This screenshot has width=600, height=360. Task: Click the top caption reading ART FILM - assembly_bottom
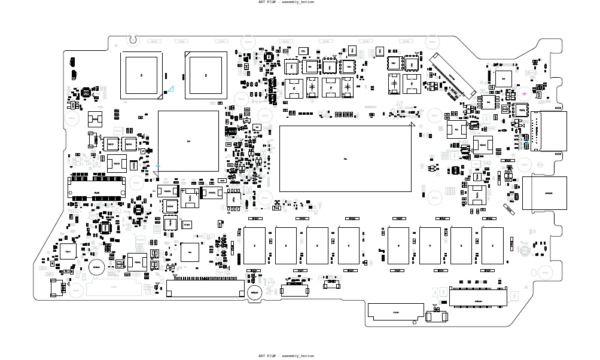pyautogui.click(x=285, y=2)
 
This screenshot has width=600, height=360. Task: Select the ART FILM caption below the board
pyautogui.click(x=285, y=356)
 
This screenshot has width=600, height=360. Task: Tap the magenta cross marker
pyautogui.click(x=525, y=94)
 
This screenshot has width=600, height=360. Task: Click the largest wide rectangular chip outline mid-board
pyautogui.click(x=346, y=158)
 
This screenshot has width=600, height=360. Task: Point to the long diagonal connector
pyautogui.click(x=452, y=76)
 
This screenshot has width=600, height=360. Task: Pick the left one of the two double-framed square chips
pyautogui.click(x=142, y=75)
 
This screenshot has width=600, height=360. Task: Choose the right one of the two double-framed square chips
pyautogui.click(x=206, y=75)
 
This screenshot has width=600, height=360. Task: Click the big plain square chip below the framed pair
pyautogui.click(x=188, y=141)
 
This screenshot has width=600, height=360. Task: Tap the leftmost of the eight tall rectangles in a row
pyautogui.click(x=254, y=246)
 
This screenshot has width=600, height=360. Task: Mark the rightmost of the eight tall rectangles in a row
pyautogui.click(x=492, y=246)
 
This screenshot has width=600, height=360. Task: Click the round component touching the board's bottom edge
pyautogui.click(x=254, y=292)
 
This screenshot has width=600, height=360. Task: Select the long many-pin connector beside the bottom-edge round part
pyautogui.click(x=207, y=291)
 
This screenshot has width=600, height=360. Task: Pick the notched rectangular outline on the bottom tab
pyautogui.click(x=395, y=312)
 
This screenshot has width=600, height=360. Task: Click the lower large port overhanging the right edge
pyautogui.click(x=544, y=193)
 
